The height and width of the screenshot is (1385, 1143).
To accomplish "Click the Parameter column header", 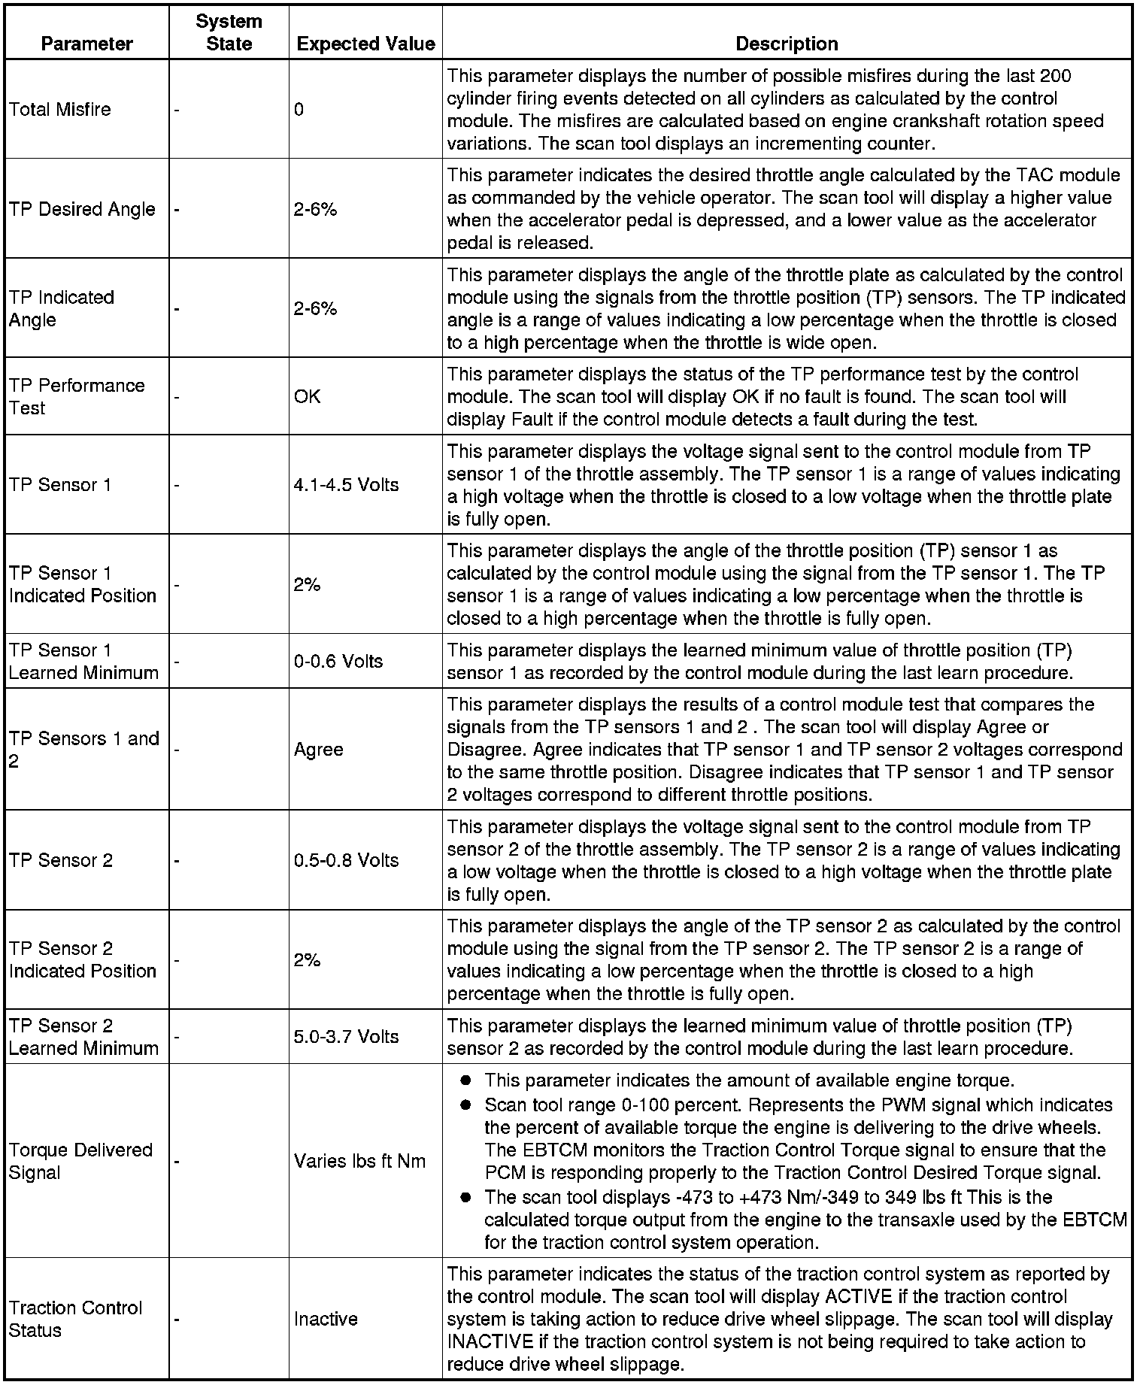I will [86, 44].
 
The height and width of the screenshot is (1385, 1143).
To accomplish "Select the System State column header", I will [229, 32].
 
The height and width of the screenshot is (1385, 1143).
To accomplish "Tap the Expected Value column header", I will [366, 44].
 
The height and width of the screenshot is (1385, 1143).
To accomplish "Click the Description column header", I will [787, 44].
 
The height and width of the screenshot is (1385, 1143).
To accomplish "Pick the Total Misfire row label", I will [60, 110].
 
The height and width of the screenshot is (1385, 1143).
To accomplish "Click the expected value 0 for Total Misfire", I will [299, 110].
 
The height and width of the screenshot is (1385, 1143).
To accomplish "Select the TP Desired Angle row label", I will [82, 209].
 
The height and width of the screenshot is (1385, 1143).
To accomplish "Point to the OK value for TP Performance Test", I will [308, 396].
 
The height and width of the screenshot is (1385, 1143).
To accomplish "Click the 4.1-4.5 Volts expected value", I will [346, 485].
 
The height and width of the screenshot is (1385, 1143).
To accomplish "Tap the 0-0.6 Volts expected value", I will [338, 662].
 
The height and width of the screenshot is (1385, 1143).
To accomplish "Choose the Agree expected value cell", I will [319, 750].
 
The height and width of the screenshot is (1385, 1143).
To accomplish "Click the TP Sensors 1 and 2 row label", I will [83, 750].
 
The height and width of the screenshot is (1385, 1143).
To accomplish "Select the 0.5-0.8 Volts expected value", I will [346, 860].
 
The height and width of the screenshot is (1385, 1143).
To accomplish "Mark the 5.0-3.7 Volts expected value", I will [346, 1037].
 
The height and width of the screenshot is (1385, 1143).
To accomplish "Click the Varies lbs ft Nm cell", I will [359, 1161].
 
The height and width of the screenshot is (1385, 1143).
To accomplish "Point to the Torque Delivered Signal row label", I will [80, 1161].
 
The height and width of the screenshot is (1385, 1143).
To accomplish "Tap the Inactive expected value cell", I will [326, 1319].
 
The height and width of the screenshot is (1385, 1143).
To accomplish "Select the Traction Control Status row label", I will [75, 1319].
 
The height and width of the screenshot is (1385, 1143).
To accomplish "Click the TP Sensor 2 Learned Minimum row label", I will [83, 1037].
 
